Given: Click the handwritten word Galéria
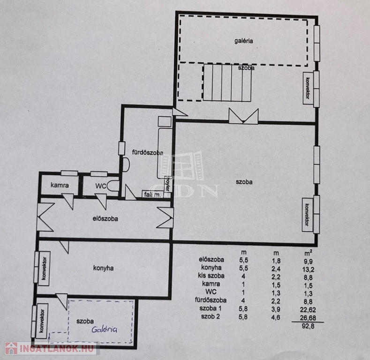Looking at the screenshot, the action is (x=104, y=330).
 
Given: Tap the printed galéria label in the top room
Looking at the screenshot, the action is (x=244, y=41).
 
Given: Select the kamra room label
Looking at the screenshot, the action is (x=60, y=185).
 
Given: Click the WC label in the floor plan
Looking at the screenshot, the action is (x=101, y=186).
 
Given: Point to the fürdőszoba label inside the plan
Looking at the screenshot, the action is (x=147, y=153).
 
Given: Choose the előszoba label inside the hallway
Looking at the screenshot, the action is (x=105, y=219).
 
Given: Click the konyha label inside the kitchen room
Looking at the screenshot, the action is (x=103, y=268).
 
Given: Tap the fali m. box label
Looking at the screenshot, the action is (x=152, y=195).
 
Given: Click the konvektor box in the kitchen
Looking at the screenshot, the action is (x=44, y=269).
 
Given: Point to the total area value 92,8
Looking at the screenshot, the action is (x=308, y=326).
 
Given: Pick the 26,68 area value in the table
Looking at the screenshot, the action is (x=308, y=318).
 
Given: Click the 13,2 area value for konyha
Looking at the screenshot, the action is (x=308, y=269).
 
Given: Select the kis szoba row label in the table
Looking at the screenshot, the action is (x=211, y=276).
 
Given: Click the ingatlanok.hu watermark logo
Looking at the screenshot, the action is (x=50, y=348).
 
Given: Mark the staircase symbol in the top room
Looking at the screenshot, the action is (x=227, y=82).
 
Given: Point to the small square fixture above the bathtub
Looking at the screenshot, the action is (x=165, y=122).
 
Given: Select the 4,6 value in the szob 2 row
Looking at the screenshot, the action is (x=276, y=317).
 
